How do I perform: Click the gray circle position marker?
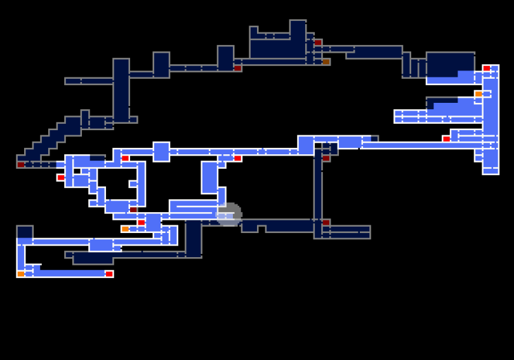pos(228,215)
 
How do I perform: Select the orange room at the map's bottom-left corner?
pos(21,274)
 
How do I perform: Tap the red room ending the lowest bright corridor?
pos(109,274)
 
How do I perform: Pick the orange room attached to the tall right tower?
pos(478,94)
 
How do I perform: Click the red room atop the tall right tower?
pos(486,68)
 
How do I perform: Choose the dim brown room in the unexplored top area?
pos(326,62)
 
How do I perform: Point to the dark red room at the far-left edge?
pos(21,164)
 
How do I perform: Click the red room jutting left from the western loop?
pos(61,178)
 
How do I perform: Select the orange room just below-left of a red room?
pos(125,229)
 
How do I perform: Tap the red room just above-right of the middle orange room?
pos(141,222)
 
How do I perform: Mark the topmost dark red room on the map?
pos(318,43)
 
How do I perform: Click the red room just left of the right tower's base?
pos(446,138)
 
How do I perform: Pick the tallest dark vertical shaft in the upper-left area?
pos(121,89)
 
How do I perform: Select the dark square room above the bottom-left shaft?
pos(25,232)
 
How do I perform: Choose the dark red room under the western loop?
pos(133,210)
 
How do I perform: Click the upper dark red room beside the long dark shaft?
pos(326,158)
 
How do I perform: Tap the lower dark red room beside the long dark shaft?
pos(326,222)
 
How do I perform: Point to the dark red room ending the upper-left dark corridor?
pos(237,68)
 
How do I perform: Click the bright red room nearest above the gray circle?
pos(237,158)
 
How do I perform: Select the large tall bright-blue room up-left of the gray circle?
pos(209,177)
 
